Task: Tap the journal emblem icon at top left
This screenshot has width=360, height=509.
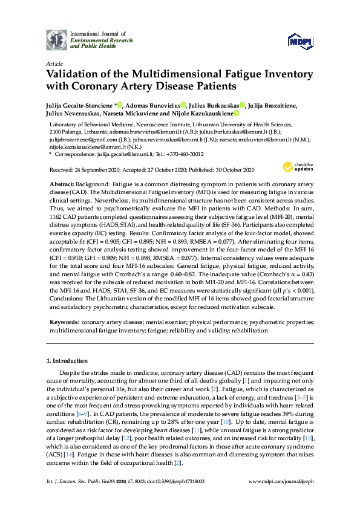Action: [x=56, y=39]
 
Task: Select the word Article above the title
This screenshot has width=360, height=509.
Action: [x=54, y=62]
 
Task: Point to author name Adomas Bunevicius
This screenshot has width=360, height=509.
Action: [x=157, y=105]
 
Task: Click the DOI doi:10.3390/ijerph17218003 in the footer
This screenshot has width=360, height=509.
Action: [x=173, y=498]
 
